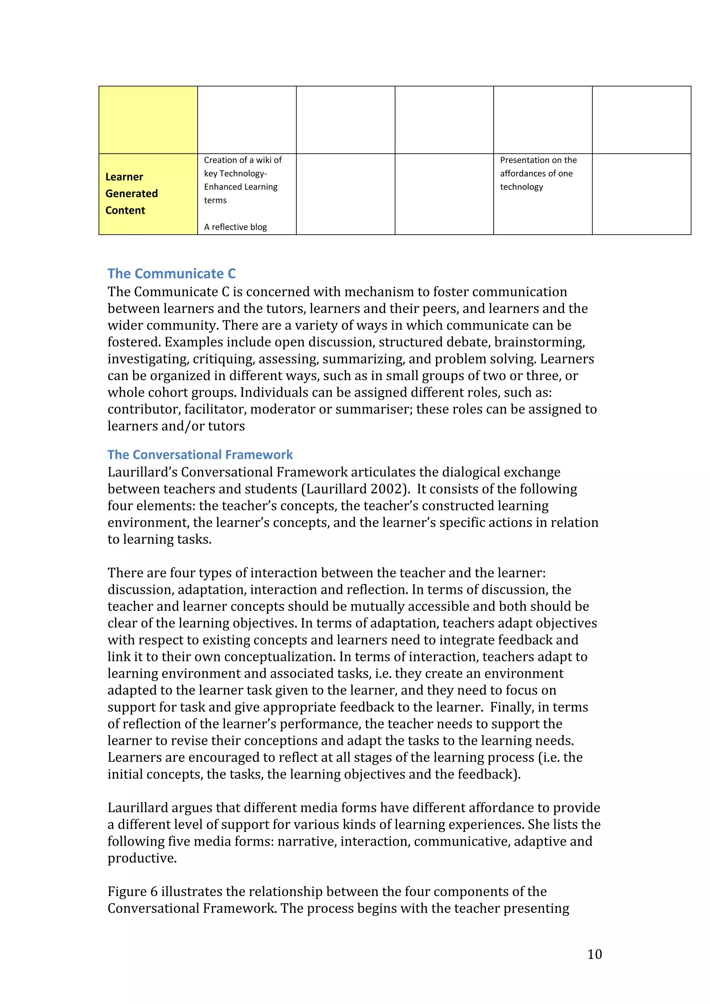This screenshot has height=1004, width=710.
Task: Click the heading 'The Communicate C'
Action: click(172, 274)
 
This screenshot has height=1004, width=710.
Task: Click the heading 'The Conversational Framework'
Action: click(200, 455)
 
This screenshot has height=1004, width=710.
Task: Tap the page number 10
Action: click(594, 954)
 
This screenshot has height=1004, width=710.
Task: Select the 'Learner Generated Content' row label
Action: click(131, 194)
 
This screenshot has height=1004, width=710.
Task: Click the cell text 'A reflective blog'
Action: click(235, 227)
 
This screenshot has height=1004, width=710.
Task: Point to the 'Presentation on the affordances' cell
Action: click(538, 173)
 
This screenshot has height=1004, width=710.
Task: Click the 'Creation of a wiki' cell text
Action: click(242, 160)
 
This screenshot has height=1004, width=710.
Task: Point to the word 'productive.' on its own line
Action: click(142, 858)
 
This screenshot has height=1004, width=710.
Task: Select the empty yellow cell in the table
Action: click(148, 120)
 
